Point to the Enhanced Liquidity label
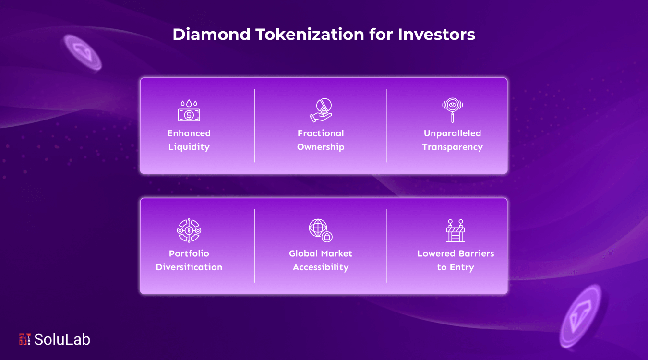[x=189, y=140]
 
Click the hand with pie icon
[x=321, y=110]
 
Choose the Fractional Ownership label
[x=321, y=140]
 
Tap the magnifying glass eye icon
[x=452, y=110]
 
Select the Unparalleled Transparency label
[x=452, y=140]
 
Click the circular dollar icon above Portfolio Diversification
[x=189, y=230]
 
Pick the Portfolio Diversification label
[x=189, y=260]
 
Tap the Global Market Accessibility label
[x=321, y=260]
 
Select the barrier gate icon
[x=455, y=230]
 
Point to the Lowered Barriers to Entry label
[x=456, y=260]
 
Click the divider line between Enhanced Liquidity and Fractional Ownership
[x=255, y=126]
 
